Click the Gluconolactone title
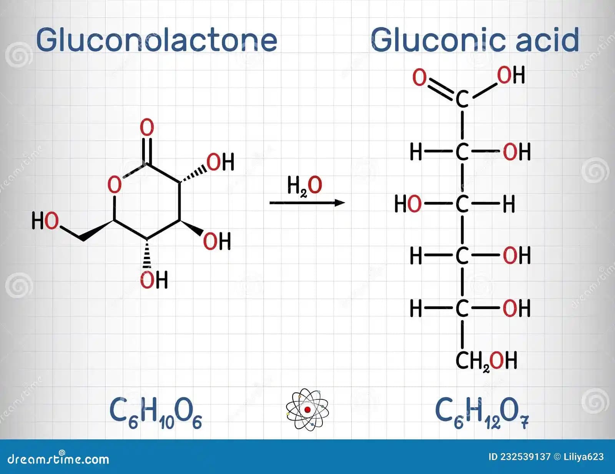tap(156, 40)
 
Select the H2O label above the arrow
tap(304, 186)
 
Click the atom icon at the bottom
tap(307, 409)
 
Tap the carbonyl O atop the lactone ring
tap(147, 128)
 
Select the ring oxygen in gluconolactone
tap(115, 185)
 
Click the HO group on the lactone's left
tap(45, 221)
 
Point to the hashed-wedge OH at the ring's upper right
tap(220, 162)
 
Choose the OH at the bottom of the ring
tap(154, 280)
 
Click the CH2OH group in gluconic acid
tap(486, 361)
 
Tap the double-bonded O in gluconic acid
tap(419, 77)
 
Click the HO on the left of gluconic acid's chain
tap(408, 204)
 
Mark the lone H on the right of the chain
tap(509, 204)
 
